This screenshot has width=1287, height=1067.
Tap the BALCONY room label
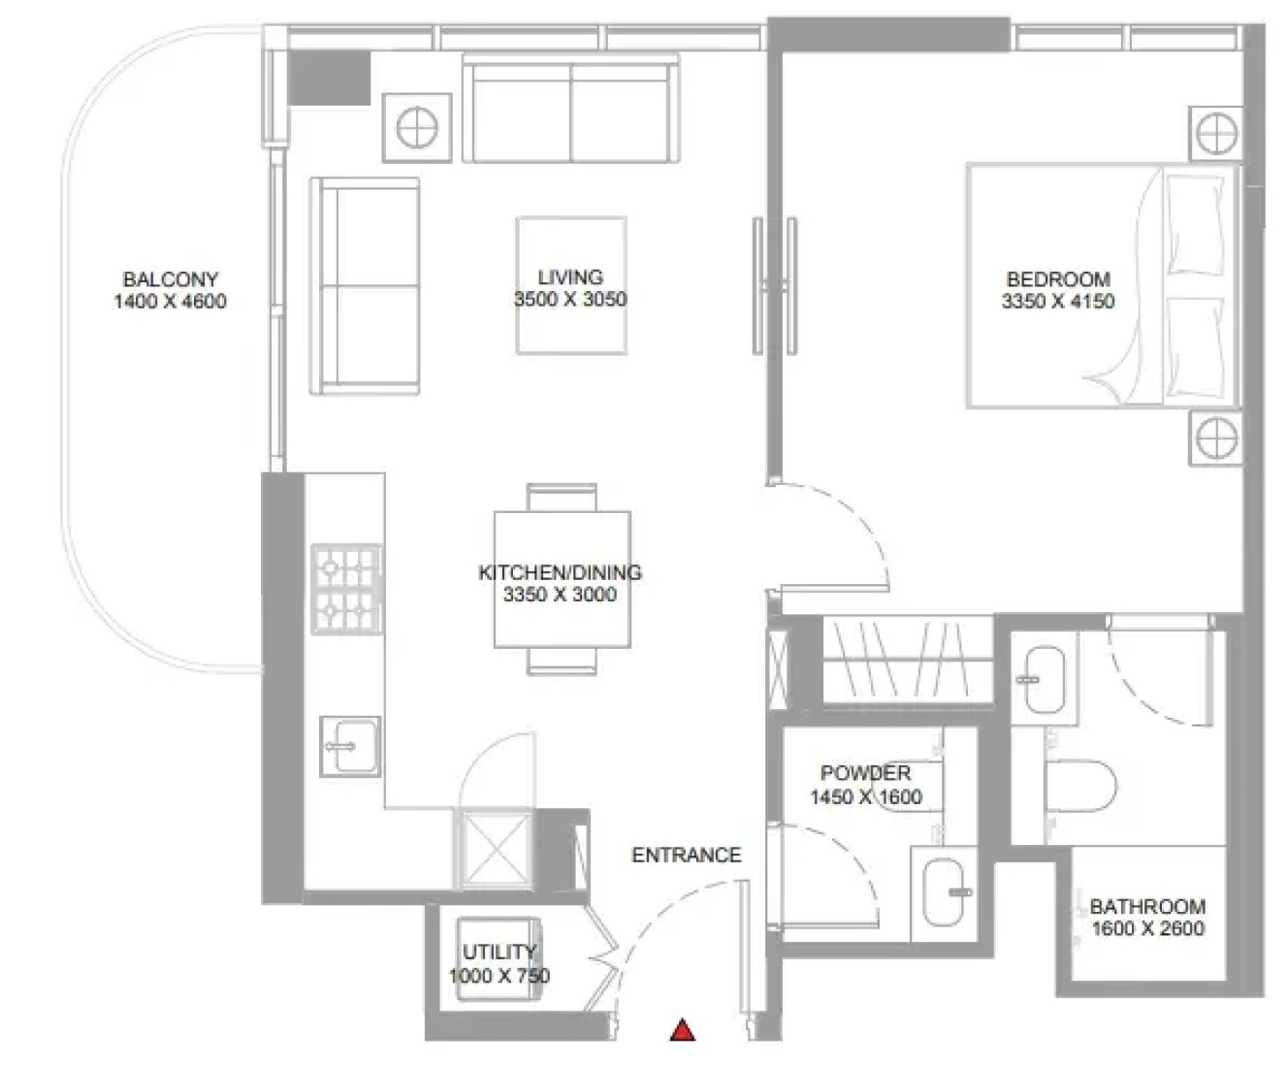pyautogui.click(x=171, y=279)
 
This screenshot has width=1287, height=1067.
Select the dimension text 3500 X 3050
pyautogui.click(x=570, y=300)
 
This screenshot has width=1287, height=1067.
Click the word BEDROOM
pyautogui.click(x=1058, y=279)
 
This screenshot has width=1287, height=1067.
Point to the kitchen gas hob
pyautogui.click(x=346, y=589)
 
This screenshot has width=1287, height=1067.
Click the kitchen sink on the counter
pyautogui.click(x=349, y=747)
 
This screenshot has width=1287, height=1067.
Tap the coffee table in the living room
pyautogui.click(x=571, y=285)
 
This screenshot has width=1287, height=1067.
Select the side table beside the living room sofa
pyautogui.click(x=417, y=128)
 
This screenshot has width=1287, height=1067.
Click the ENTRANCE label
pyautogui.click(x=687, y=855)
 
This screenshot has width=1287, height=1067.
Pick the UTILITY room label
pyautogui.click(x=499, y=952)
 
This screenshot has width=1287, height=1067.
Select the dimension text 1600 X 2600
pyautogui.click(x=1147, y=928)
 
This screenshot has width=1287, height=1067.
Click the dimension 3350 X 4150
pyautogui.click(x=1058, y=302)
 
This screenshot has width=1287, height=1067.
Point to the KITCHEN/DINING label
pyautogui.click(x=560, y=572)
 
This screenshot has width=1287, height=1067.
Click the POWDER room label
pyautogui.click(x=865, y=773)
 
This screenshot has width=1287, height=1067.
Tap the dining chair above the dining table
pyautogui.click(x=562, y=498)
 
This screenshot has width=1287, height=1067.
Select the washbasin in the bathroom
pyautogui.click(x=1045, y=679)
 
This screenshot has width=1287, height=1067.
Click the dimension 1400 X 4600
pyautogui.click(x=170, y=302)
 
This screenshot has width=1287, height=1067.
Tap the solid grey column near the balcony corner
pyautogui.click(x=330, y=78)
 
